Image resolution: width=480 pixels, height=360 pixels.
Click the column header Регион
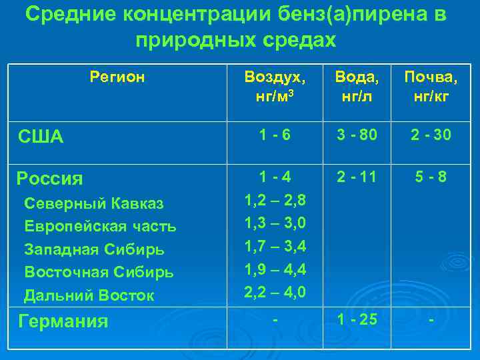point(117,77)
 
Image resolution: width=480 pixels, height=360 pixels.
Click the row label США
point(40,137)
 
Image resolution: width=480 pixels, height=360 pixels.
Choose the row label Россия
point(50,179)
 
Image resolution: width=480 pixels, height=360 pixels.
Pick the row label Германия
point(63,321)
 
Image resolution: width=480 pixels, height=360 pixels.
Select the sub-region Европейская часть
point(100,226)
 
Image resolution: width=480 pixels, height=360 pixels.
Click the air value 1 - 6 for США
point(275,135)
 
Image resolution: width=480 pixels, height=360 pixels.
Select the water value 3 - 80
point(357,135)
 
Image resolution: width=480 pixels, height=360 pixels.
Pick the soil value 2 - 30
point(431,135)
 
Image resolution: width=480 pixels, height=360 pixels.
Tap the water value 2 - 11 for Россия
point(357,177)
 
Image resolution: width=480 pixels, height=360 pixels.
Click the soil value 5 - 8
point(431,177)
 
